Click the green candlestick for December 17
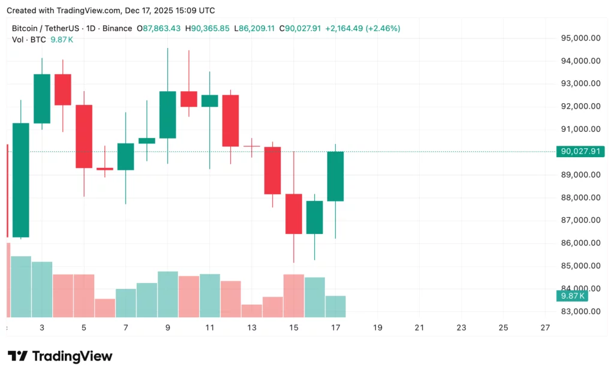pyautogui.click(x=335, y=176)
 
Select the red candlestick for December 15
pyautogui.click(x=293, y=213)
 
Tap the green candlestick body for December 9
pyautogui.click(x=167, y=115)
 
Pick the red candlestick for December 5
pyautogui.click(x=84, y=136)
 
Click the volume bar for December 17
pyautogui.click(x=335, y=306)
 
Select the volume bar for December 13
pyautogui.click(x=251, y=310)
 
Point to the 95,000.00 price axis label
pyautogui.click(x=580, y=38)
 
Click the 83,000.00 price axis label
pyautogui.click(x=580, y=311)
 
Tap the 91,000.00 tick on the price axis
pyautogui.click(x=580, y=129)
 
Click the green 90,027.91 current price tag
pyautogui.click(x=580, y=152)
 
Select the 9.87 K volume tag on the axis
pyautogui.click(x=571, y=296)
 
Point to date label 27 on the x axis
pyautogui.click(x=544, y=327)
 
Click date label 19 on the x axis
pyautogui.click(x=377, y=327)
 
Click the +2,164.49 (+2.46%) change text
pyautogui.click(x=362, y=28)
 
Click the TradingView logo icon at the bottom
pyautogui.click(x=17, y=356)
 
